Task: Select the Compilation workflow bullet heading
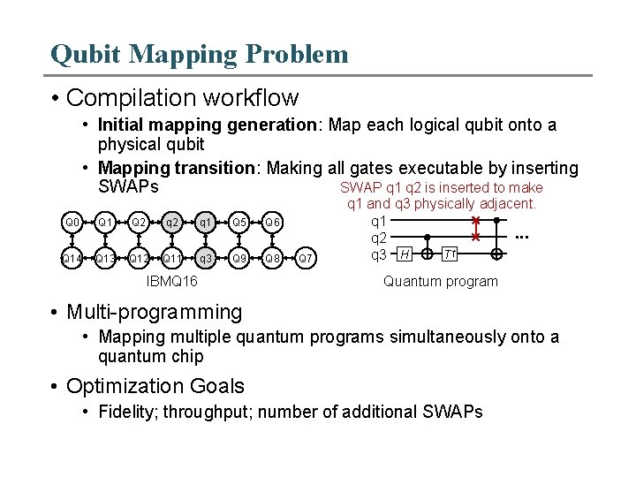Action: click(182, 97)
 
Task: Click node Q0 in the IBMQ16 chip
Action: click(72, 222)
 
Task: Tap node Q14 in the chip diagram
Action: click(72, 259)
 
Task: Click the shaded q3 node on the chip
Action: click(205, 259)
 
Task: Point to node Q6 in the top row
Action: click(273, 222)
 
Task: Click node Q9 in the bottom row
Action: click(238, 259)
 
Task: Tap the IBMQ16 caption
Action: click(171, 282)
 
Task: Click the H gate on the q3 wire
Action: click(405, 254)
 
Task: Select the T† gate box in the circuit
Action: click(450, 254)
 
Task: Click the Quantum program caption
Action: click(440, 282)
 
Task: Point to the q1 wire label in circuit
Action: click(378, 221)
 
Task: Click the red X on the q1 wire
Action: click(475, 221)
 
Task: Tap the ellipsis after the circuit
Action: click(522, 237)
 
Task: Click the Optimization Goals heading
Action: click(155, 386)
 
